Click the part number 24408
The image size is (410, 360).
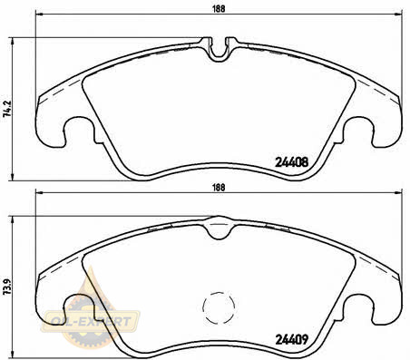pos(291,162)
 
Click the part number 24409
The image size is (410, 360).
pos(291,339)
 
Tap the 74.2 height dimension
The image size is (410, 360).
pos(7,109)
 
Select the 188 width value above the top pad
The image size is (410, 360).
pos(219,9)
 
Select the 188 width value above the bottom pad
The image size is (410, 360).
pos(219,188)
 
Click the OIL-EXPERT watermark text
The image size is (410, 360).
pos(90,321)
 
